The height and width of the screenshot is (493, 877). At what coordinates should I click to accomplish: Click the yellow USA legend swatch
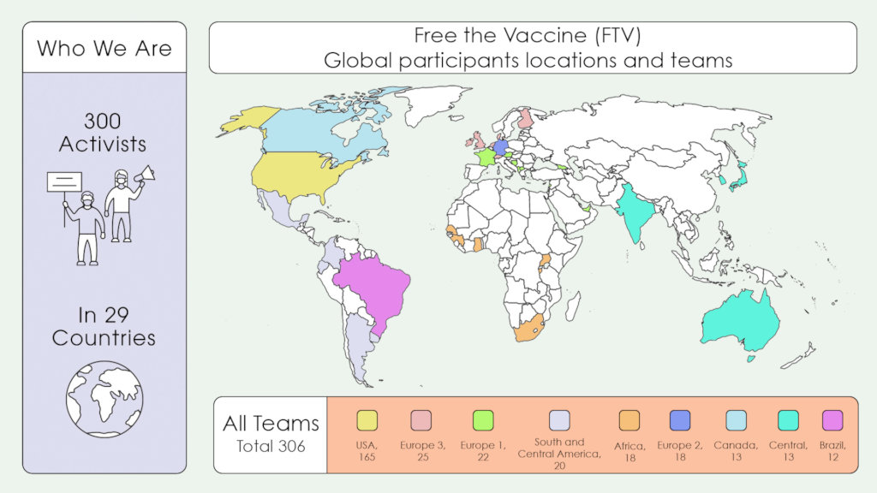[367, 420]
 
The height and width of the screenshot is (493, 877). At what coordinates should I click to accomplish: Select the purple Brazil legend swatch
[832, 420]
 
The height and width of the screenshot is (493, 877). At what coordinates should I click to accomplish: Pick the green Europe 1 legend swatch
[483, 420]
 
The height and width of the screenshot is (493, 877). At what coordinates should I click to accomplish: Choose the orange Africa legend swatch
[629, 420]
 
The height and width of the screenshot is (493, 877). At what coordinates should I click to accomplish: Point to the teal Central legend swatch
[788, 420]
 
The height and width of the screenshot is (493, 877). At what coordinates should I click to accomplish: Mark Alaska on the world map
[248, 121]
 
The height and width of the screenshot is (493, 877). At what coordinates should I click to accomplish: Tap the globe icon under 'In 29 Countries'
[104, 399]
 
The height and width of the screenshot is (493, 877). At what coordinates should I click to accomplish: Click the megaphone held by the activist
[145, 175]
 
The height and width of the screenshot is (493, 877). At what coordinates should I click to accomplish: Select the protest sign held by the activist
[64, 181]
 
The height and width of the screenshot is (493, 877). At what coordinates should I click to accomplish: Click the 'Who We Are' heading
[104, 47]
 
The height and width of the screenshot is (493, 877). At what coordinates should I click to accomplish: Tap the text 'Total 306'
[271, 446]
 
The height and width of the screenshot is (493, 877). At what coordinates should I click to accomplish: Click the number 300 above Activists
[103, 121]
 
